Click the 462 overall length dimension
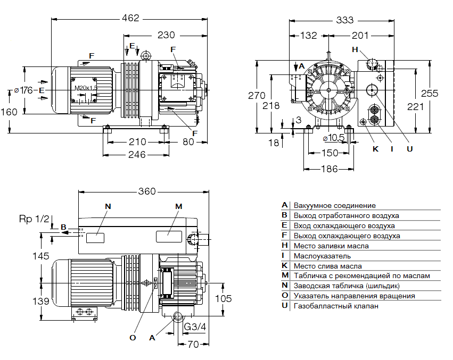point(130,18)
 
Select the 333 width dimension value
point(344,20)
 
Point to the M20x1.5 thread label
point(86,88)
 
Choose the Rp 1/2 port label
point(34,219)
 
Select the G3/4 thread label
point(195,325)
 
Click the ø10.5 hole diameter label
point(334,138)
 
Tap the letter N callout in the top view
point(109,206)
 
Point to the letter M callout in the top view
point(179,206)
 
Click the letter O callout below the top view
point(133,337)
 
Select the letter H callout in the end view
point(355,49)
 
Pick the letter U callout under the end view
point(409,149)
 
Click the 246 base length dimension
point(137,155)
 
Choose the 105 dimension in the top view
point(227,298)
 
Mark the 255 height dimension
point(430,93)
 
